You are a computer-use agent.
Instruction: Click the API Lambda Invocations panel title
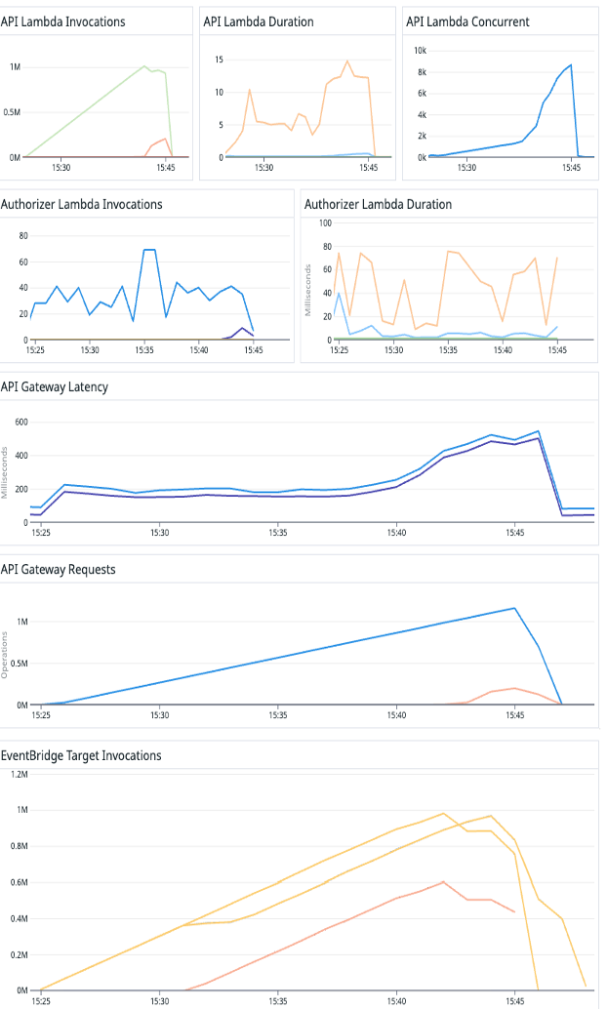[62, 21]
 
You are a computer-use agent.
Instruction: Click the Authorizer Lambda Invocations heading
[81, 204]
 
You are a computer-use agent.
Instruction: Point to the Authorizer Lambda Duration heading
[378, 204]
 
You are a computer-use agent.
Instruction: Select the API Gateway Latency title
[55, 386]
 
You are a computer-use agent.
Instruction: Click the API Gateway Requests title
[59, 569]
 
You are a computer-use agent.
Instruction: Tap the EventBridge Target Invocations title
[81, 754]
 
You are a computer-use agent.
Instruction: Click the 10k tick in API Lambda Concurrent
[420, 50]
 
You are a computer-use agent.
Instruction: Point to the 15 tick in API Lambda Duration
[220, 60]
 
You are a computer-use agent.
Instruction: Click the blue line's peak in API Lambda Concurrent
[571, 65]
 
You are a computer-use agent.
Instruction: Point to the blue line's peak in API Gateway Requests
[514, 608]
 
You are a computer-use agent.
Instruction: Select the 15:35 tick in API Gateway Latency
[278, 533]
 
